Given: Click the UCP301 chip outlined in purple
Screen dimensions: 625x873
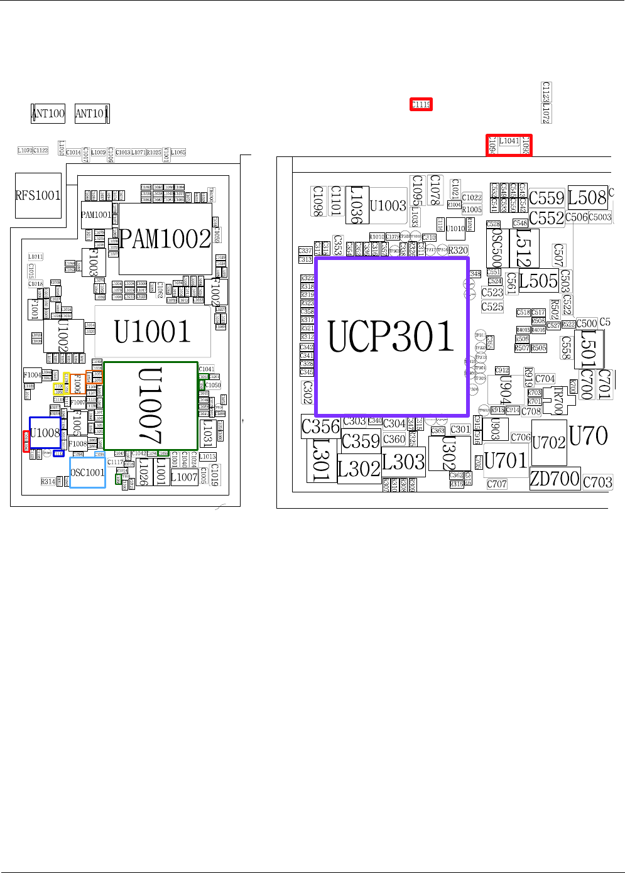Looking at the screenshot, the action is tap(391, 336).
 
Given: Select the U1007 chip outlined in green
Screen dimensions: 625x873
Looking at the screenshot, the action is tap(151, 406).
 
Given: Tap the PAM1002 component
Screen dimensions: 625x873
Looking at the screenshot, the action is tap(165, 239).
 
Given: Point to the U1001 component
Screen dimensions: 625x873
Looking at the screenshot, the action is tap(153, 332).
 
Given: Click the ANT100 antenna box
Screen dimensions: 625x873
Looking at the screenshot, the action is tap(48, 113).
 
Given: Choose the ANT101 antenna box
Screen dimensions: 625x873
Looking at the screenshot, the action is tap(92, 113).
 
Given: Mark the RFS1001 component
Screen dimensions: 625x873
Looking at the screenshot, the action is tap(38, 195).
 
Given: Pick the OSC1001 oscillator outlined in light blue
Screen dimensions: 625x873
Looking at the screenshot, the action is tap(87, 472).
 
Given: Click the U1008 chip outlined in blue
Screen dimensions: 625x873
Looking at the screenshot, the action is tap(45, 433).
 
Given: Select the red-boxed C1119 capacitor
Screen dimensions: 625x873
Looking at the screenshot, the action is tap(421, 104).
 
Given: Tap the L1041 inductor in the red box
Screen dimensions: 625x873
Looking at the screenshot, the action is tap(509, 142).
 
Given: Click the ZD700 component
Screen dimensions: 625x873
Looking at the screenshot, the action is tap(555, 479).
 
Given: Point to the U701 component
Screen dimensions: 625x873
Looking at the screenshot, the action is tap(506, 460).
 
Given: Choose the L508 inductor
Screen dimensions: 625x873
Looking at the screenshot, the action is tap(587, 197).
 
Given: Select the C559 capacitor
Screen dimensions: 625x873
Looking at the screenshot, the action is tap(546, 198).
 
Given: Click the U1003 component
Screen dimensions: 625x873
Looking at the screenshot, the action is tap(388, 205).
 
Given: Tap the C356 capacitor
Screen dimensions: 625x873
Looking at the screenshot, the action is tap(320, 427).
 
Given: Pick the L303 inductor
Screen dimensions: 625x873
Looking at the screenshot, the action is tap(403, 462).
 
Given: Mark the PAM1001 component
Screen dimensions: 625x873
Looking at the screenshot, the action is tap(96, 215).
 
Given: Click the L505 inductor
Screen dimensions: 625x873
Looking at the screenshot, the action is tap(538, 281).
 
